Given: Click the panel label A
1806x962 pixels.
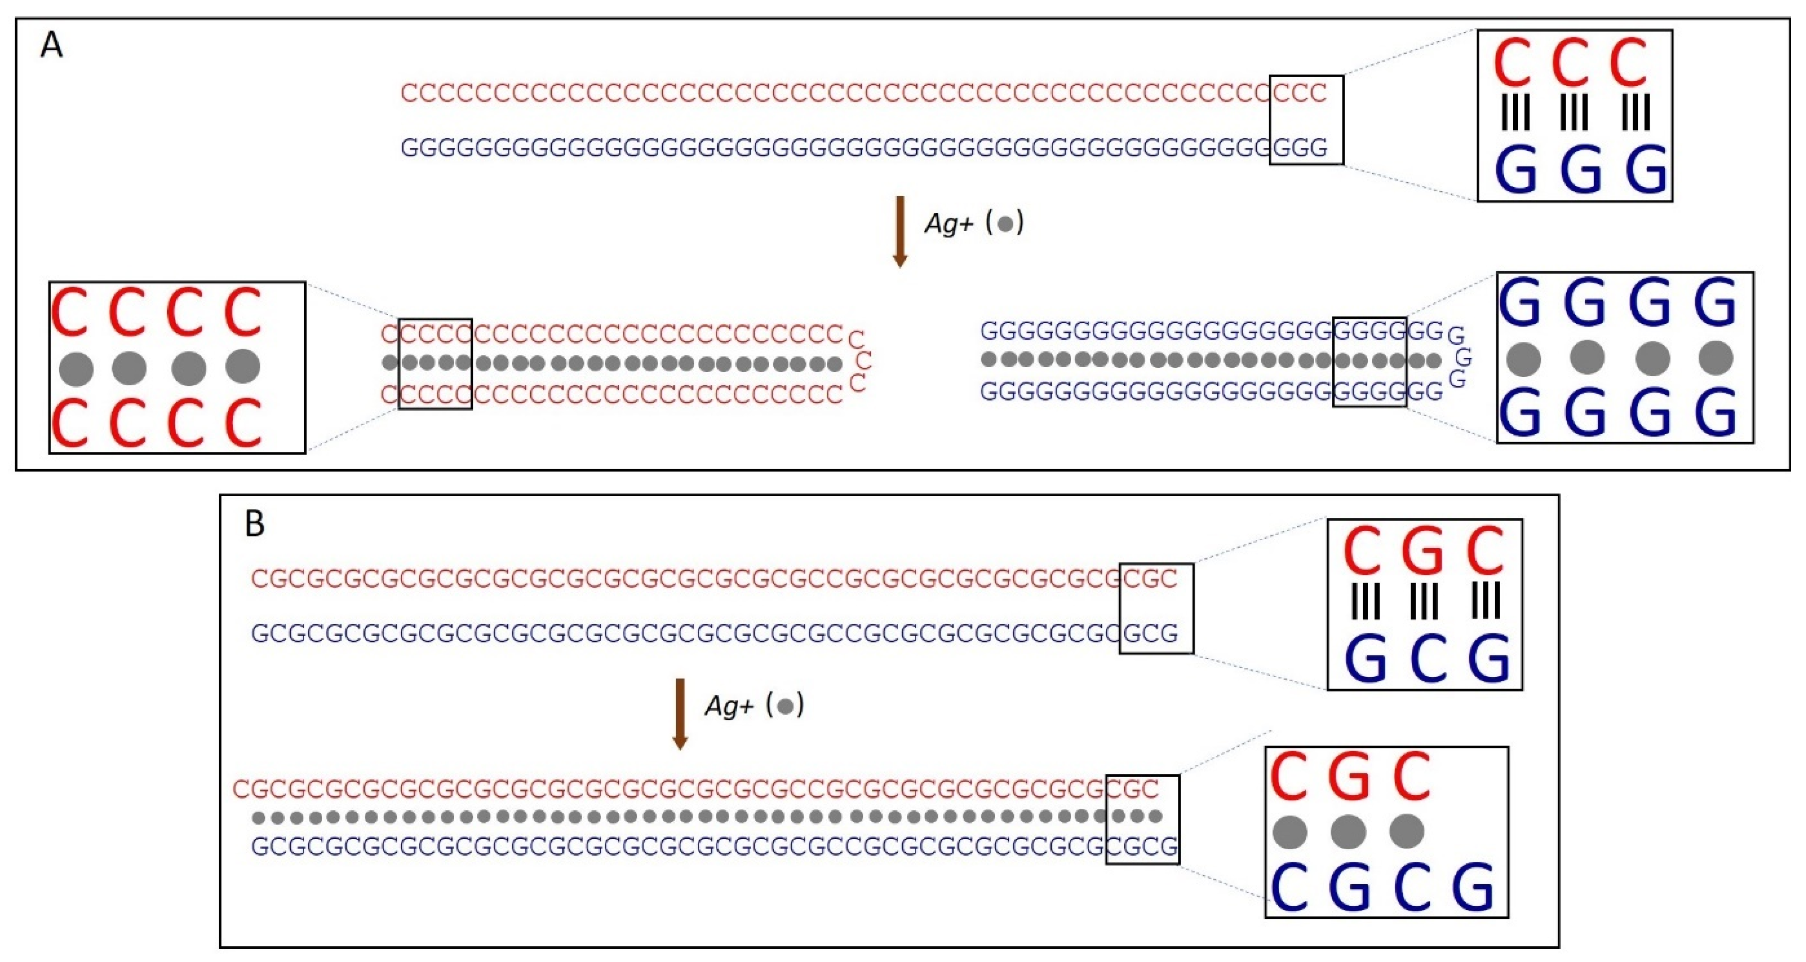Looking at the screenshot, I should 51,46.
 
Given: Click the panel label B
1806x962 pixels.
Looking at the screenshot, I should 254,524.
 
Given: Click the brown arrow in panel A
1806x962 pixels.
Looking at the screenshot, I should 900,231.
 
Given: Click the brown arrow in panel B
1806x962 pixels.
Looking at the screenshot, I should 679,714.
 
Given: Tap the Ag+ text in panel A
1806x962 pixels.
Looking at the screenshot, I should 948,224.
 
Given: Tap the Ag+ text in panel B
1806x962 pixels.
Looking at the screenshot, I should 729,705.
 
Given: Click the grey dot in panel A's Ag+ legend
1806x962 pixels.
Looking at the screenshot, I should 1005,224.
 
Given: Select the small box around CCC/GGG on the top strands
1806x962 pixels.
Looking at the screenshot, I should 1306,120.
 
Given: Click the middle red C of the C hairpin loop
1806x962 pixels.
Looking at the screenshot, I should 864,361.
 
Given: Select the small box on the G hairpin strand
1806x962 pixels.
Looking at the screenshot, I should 1369,362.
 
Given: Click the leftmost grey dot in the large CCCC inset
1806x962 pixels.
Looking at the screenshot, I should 76,369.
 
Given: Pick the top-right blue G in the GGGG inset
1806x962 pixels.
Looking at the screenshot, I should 1715,303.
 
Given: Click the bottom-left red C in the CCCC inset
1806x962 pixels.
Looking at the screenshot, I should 70,423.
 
